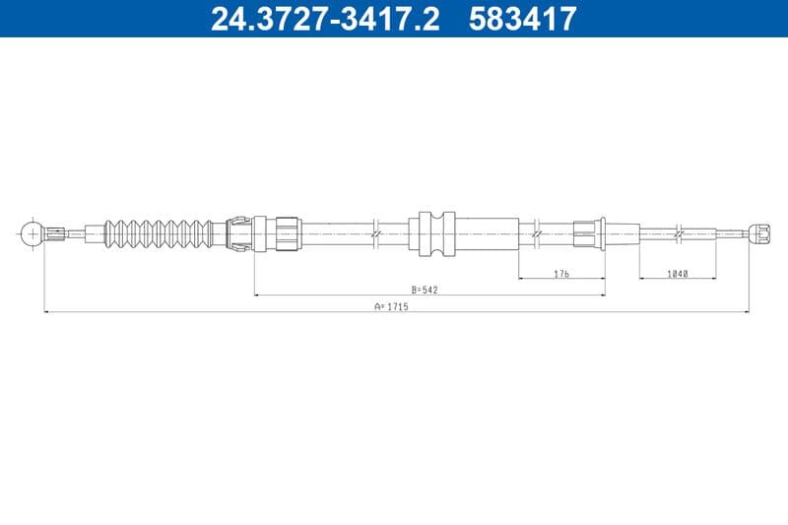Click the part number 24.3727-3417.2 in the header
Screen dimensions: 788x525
325,19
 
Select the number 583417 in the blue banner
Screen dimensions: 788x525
522,19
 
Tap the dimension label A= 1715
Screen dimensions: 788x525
391,306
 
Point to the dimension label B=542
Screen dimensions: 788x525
426,290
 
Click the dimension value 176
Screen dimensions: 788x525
561,274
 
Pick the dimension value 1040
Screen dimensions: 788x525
678,274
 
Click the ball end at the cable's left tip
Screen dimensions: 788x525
33,233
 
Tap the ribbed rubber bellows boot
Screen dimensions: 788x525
159,233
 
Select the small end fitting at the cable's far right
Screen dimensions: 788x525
758,233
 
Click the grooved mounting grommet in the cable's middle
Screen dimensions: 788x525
431,233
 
